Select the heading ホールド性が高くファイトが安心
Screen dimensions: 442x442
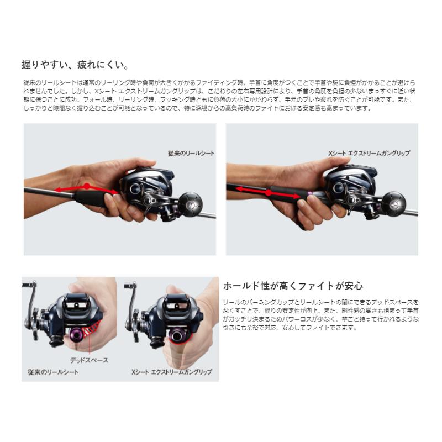pos(292,286)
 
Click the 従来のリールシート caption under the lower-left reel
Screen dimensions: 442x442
pos(53,372)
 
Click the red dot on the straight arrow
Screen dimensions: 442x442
pos(268,193)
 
